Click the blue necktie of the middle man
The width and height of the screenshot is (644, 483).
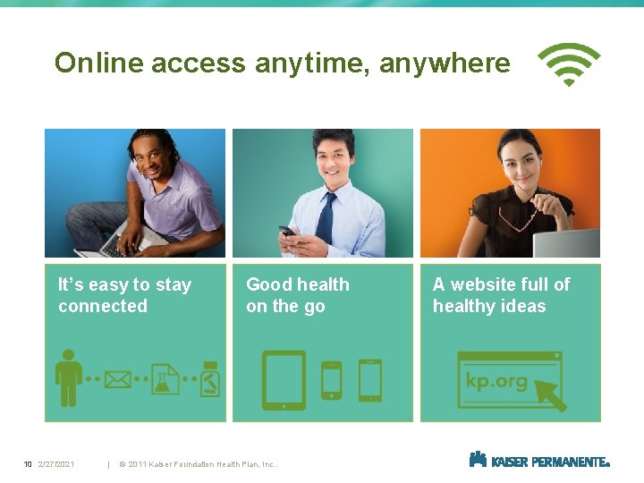(x=327, y=218)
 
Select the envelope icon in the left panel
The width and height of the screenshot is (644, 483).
(x=117, y=379)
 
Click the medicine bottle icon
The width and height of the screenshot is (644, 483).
(x=211, y=378)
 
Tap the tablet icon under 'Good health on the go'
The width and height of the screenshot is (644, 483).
(x=284, y=379)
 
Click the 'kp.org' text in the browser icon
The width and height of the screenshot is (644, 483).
(x=496, y=380)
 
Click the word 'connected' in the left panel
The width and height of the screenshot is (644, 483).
(x=103, y=306)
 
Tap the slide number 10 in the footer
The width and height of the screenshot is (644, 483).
(x=28, y=464)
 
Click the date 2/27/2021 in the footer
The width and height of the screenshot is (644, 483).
(x=56, y=464)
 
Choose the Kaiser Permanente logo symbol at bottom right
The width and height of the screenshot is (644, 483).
(x=478, y=460)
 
